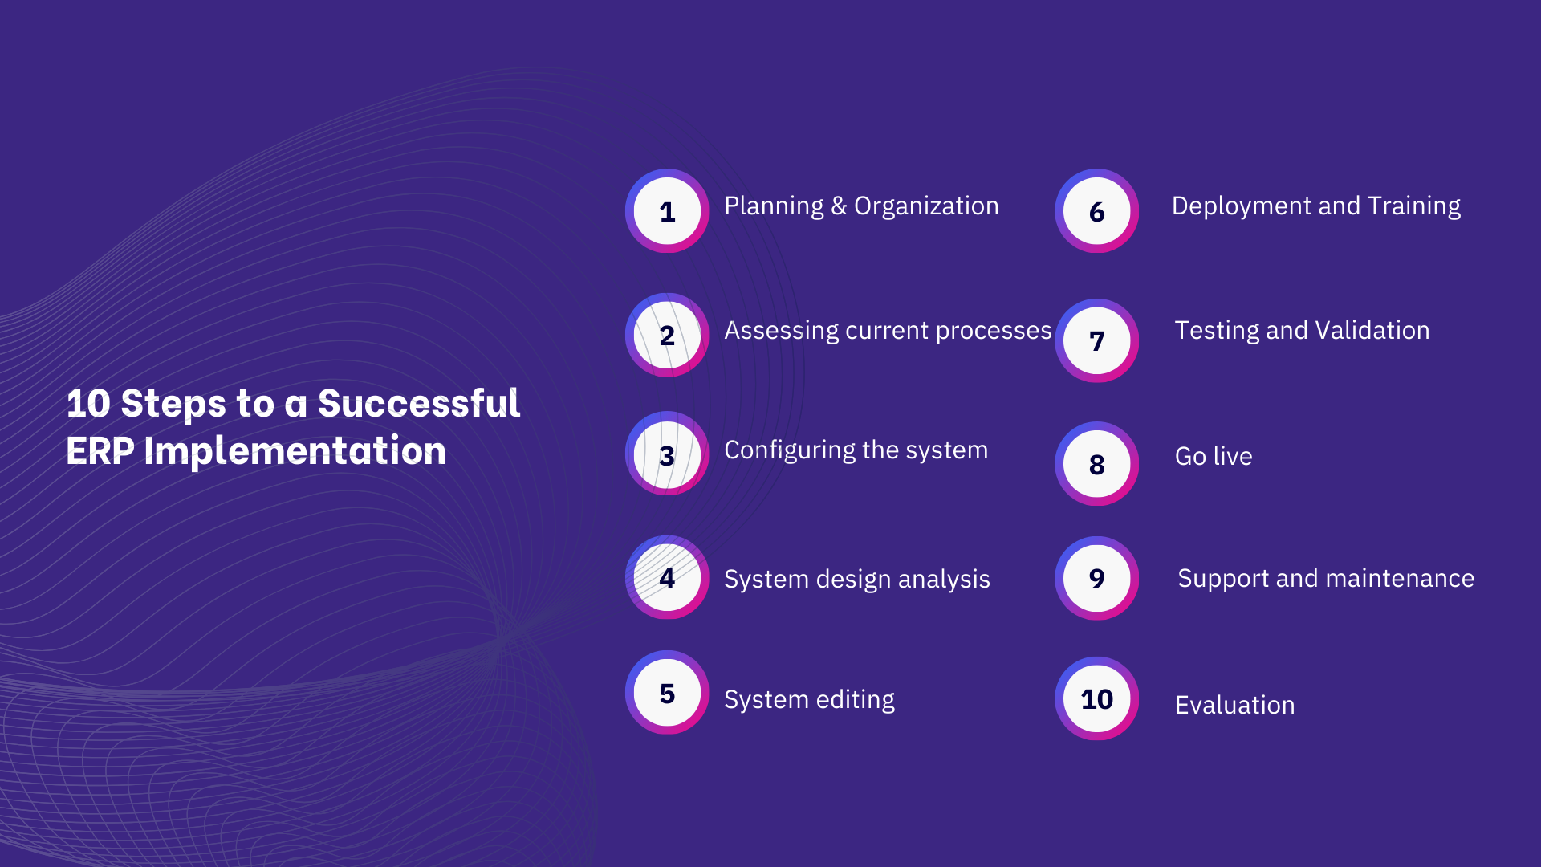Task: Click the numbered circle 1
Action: point(667,211)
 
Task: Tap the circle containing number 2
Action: point(667,335)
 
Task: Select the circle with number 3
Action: point(667,454)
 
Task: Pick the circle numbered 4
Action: point(667,577)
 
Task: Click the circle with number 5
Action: point(667,692)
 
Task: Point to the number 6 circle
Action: point(1096,211)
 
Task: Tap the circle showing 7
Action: point(1096,340)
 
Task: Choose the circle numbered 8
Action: point(1096,463)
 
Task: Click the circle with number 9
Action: point(1096,578)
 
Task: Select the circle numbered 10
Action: point(1096,698)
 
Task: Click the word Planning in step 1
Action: point(774,206)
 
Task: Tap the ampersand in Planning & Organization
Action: point(839,206)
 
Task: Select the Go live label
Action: point(1213,457)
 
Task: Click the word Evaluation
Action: point(1234,706)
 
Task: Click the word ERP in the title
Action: point(100,451)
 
